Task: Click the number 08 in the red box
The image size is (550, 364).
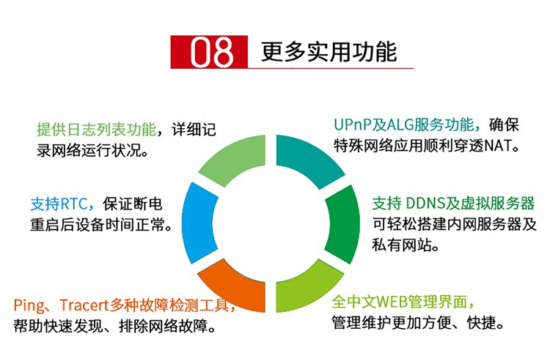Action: pos(211,52)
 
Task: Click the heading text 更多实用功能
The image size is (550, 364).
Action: pos(329,52)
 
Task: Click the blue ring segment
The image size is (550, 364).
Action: pos(198,223)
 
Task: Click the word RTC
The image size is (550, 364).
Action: pos(73,204)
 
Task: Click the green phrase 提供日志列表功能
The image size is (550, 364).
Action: pos(97,130)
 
